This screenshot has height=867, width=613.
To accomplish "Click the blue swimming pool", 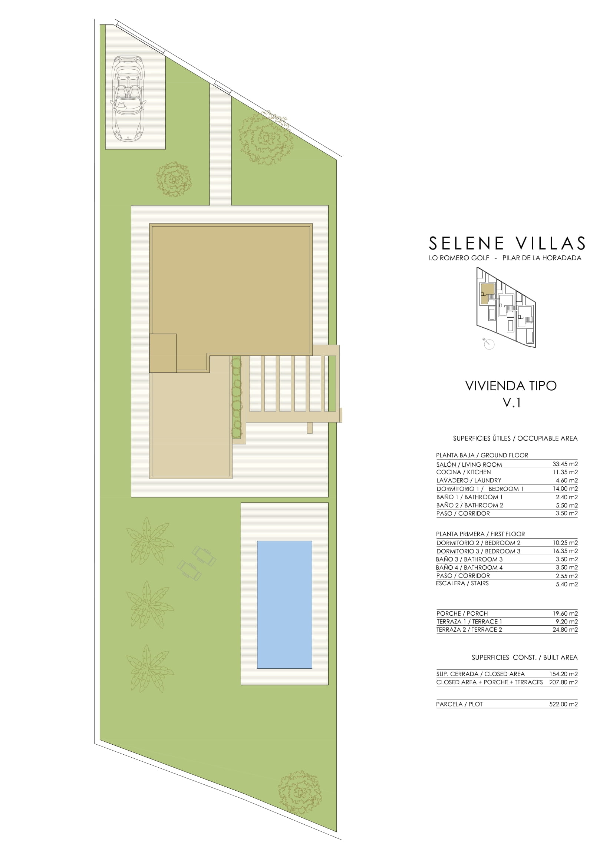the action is [x=284, y=605].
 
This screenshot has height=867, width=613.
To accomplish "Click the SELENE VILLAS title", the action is [x=507, y=244].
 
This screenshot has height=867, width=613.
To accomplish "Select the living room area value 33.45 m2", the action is [x=565, y=464].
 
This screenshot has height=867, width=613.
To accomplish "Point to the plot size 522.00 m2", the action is [x=564, y=704].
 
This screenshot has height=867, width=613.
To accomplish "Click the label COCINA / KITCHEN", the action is [x=464, y=472].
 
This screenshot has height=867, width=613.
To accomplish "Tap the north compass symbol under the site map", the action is [x=489, y=344].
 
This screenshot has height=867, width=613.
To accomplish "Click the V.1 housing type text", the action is [x=511, y=403].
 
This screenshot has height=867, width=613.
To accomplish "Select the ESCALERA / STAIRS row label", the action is [x=462, y=583].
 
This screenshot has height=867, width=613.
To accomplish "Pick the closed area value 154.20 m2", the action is [x=564, y=674].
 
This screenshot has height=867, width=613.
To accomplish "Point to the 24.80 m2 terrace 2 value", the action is [x=565, y=629].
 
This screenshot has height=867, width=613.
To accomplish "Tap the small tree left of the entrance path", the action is [x=174, y=179].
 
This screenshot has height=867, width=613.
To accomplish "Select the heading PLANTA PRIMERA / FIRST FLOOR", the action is [x=481, y=534].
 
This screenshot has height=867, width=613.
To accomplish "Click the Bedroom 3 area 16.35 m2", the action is [x=565, y=551].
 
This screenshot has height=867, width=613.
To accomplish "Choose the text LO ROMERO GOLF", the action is [x=459, y=258].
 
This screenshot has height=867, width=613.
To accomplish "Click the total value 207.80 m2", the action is [x=564, y=682].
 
